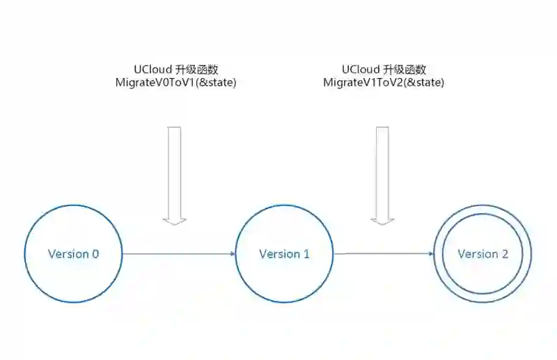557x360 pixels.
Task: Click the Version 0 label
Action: tap(73, 253)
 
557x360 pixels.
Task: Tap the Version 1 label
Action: tap(284, 253)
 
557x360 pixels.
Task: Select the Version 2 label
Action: tap(483, 253)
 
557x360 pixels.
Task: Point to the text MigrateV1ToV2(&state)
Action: tap(384, 82)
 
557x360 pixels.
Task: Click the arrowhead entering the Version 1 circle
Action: tap(233, 254)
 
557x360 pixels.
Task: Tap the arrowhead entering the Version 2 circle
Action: tap(431, 253)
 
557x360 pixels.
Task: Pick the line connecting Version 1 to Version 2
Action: tap(383, 253)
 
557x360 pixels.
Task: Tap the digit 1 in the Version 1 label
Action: tap(306, 253)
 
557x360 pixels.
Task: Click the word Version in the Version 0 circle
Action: tap(66, 253)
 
